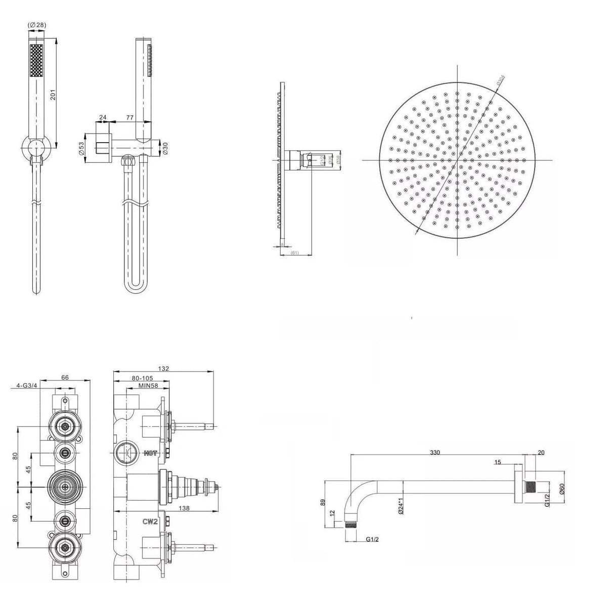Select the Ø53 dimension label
(81, 148)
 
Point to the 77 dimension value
(129, 117)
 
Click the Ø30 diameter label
(164, 148)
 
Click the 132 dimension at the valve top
(163, 369)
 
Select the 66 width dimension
(65, 377)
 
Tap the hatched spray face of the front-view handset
(37, 61)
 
